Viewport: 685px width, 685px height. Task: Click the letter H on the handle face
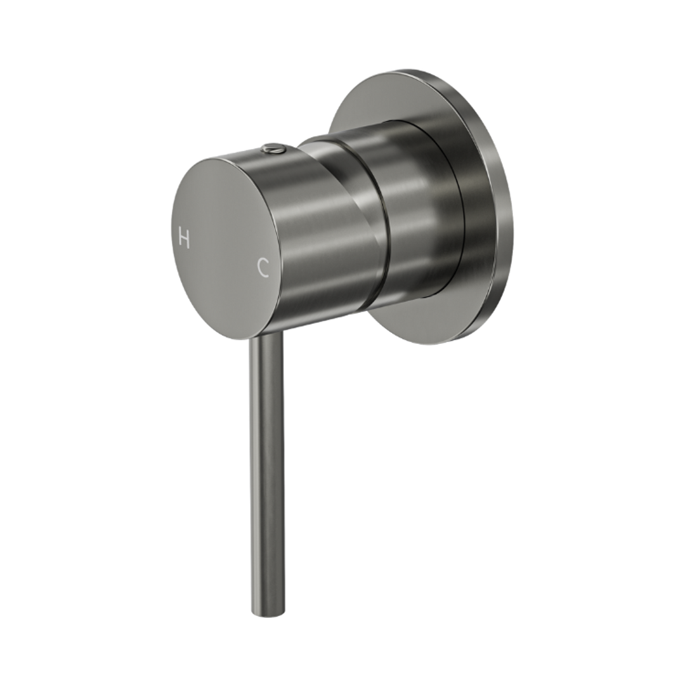pos(185,239)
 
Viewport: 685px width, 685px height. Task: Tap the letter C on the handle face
pos(263,268)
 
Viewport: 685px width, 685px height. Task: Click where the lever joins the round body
pos(266,336)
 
